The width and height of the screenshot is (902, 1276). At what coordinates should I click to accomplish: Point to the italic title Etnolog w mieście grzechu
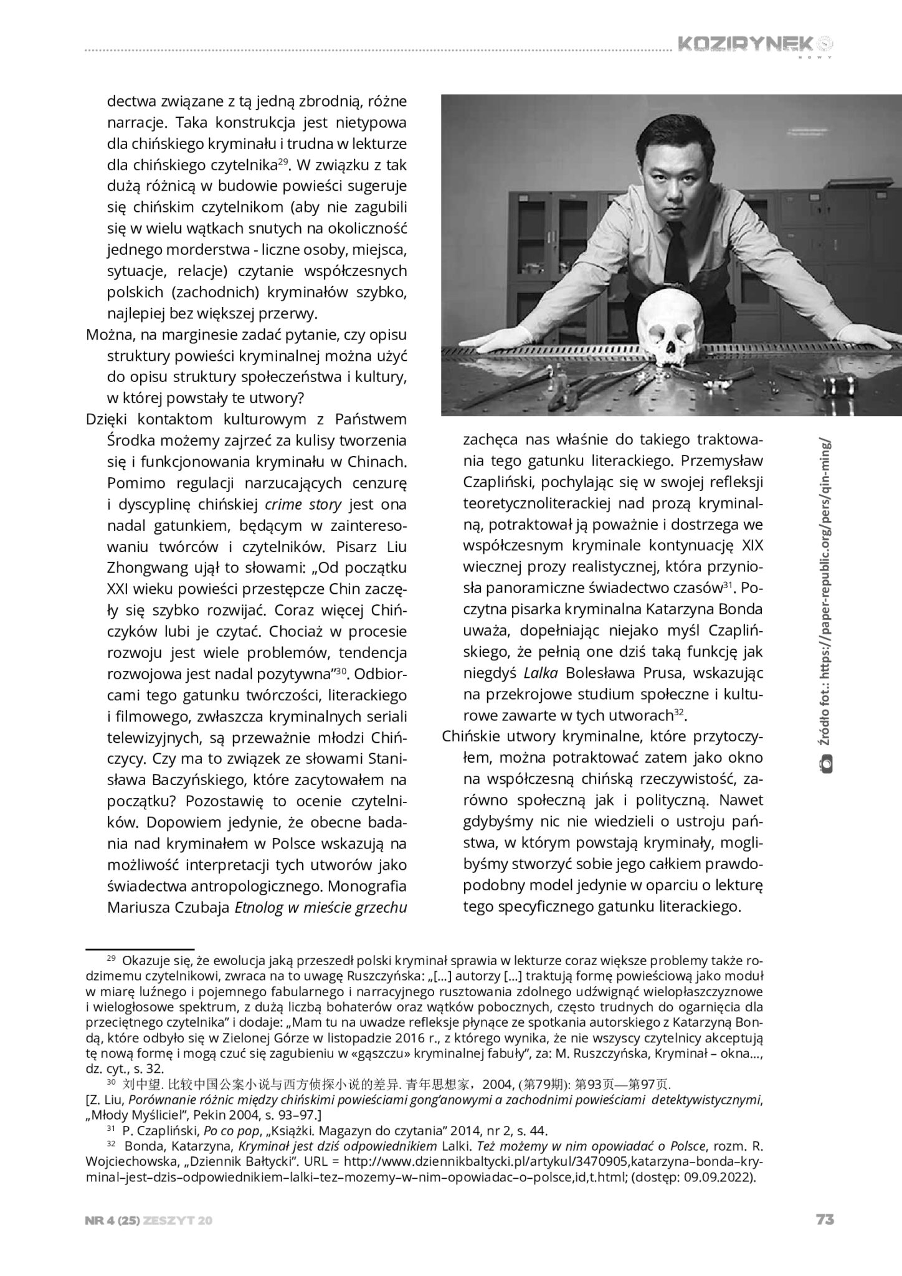click(x=320, y=908)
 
